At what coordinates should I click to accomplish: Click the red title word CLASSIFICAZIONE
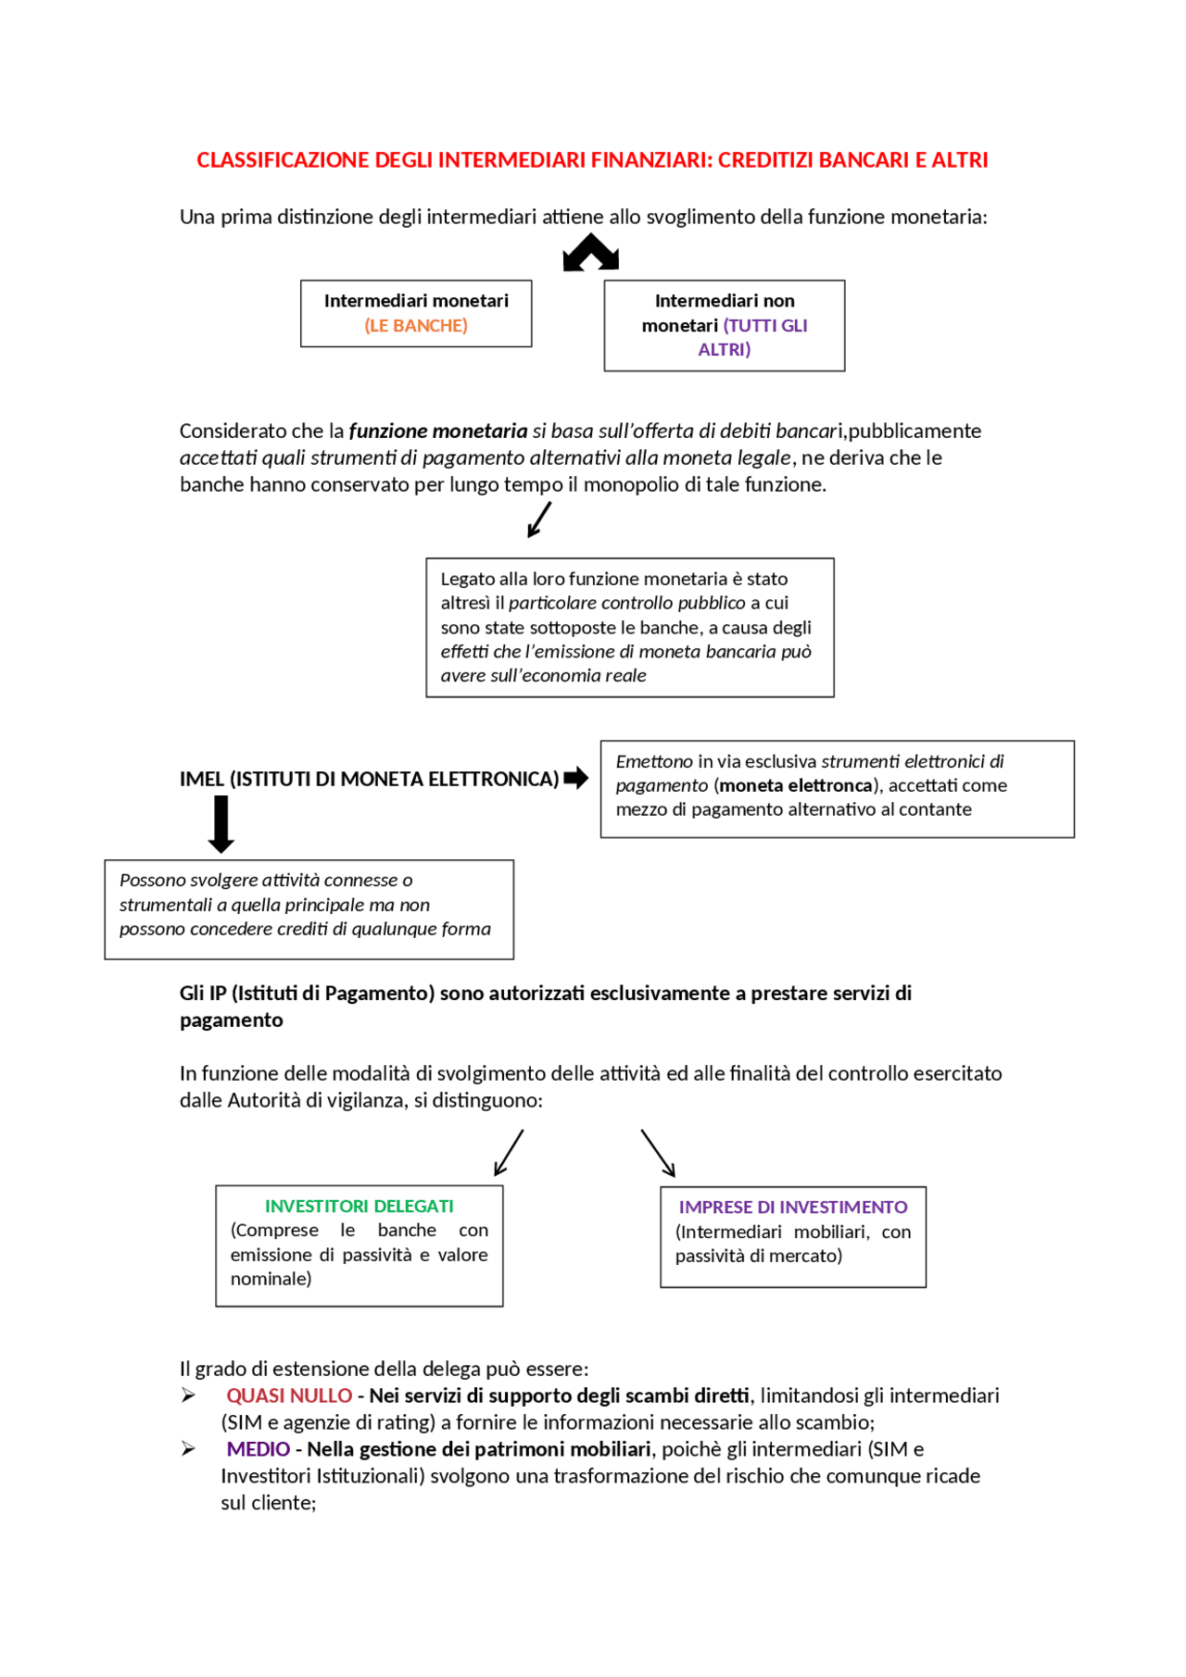[283, 160]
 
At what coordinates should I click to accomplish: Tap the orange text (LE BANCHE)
[416, 326]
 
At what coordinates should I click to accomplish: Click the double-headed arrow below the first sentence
[590, 253]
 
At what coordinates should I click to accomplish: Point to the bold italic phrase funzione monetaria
[437, 432]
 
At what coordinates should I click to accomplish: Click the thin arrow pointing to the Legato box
[539, 519]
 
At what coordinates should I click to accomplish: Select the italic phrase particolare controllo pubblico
[626, 603]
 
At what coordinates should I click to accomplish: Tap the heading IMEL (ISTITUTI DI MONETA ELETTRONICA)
[369, 780]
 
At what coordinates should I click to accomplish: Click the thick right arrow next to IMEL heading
[576, 778]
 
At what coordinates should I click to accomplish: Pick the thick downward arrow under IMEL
[221, 825]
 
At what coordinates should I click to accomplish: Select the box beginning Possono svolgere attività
[309, 909]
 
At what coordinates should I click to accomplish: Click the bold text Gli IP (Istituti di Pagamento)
[307, 994]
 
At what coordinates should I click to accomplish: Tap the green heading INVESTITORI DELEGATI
[359, 1207]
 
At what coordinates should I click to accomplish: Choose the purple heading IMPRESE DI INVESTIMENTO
[792, 1208]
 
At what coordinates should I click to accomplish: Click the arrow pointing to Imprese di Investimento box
[658, 1153]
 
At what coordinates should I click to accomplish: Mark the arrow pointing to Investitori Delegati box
[509, 1153]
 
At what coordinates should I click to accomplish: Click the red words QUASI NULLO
[289, 1395]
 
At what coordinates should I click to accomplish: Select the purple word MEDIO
[259, 1449]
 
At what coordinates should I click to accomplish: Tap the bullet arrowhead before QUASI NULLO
[188, 1395]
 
